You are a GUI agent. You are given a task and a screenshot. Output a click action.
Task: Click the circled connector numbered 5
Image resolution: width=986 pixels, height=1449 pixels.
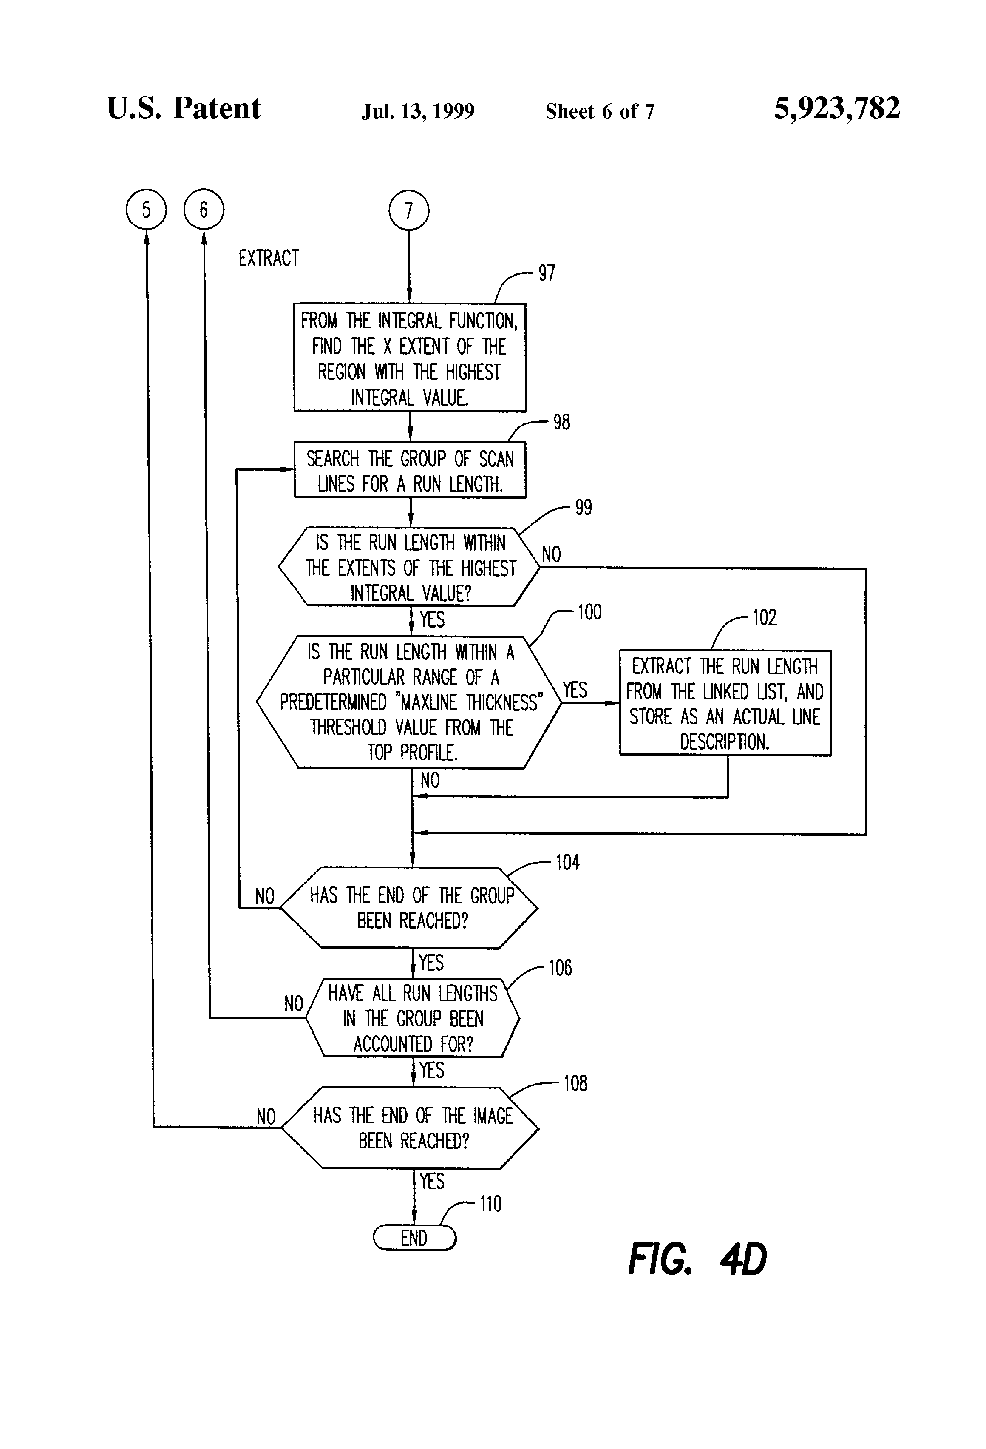[147, 210]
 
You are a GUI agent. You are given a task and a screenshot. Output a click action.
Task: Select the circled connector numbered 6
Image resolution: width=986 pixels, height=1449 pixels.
[204, 210]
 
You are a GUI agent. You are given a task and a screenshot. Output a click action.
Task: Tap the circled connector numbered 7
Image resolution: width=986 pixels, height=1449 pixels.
[409, 210]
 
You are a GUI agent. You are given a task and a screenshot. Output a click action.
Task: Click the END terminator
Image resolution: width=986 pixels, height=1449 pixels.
[414, 1238]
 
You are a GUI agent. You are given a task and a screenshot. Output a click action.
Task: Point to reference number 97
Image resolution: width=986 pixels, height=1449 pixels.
[547, 273]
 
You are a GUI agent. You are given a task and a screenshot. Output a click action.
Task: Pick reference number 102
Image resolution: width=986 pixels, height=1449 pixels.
[764, 617]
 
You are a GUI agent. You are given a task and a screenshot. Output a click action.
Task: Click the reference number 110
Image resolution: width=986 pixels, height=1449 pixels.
[490, 1203]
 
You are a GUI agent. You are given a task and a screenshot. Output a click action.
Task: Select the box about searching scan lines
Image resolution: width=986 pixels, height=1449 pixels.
[409, 471]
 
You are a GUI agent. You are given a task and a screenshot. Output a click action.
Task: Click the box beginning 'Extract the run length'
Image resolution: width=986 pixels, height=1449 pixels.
[724, 703]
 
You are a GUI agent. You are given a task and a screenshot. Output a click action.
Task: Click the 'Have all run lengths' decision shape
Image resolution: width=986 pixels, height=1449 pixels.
[413, 1018]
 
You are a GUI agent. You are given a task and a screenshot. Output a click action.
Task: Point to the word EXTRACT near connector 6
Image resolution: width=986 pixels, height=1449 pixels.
[269, 258]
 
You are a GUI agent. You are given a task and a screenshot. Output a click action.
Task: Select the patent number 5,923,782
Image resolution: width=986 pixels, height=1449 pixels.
[836, 108]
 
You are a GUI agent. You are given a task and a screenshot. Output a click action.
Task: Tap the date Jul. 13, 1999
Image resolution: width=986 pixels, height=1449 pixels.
[418, 111]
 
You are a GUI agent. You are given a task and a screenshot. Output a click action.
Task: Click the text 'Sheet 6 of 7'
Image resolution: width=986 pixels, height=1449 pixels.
[600, 111]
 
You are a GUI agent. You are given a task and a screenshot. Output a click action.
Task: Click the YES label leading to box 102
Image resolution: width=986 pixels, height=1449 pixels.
[575, 690]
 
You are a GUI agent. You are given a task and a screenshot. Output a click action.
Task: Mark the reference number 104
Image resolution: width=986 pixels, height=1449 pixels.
[567, 862]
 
